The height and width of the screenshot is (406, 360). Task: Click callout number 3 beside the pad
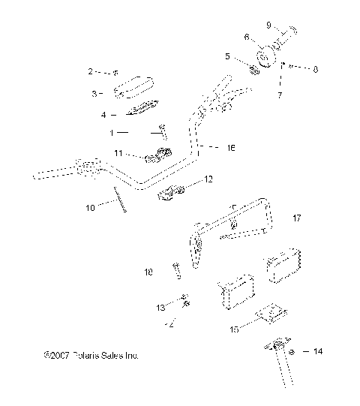94,94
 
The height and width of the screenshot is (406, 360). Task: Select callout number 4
103,115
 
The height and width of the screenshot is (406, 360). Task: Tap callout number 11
118,153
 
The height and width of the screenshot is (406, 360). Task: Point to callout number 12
187,179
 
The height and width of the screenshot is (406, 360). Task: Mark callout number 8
315,69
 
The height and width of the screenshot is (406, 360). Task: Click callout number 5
228,56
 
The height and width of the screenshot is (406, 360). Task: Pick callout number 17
296,219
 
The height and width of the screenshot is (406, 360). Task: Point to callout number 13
160,308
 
